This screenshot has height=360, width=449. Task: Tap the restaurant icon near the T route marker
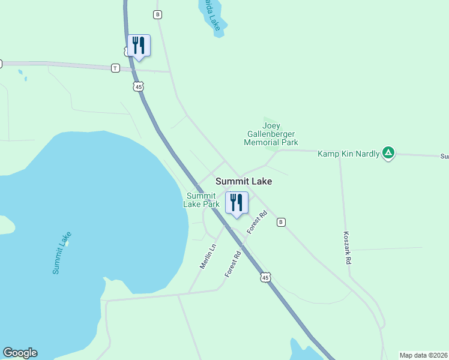point(139,46)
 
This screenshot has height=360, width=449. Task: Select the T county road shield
point(115,68)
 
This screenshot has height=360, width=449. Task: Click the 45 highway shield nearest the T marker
point(139,87)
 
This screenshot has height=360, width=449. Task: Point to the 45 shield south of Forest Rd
point(266,277)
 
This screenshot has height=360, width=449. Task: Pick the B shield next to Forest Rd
point(281,222)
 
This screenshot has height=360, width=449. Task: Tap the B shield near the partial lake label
point(157,14)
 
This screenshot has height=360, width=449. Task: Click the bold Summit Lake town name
point(244,181)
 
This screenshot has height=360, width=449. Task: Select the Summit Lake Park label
point(202,200)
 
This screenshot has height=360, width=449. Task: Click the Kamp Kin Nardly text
point(348,154)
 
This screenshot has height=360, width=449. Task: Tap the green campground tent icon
point(389,154)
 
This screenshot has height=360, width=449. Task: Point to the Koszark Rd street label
point(348,249)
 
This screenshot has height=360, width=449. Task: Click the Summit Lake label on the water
point(62,253)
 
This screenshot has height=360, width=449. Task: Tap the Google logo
point(20,353)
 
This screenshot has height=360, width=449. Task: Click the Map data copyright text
point(424,355)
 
